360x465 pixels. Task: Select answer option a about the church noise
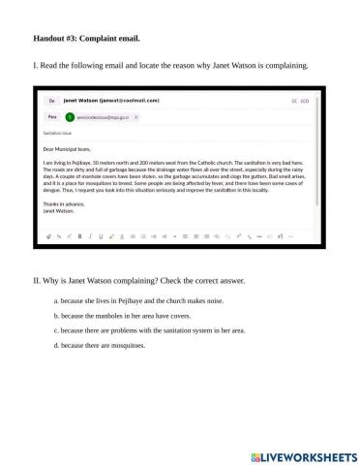(140, 301)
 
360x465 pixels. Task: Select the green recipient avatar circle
(70, 115)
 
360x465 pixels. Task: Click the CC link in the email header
(294, 100)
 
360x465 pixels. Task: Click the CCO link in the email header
(307, 100)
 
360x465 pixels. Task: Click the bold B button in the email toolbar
(79, 234)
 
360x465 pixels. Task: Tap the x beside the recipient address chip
(136, 115)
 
